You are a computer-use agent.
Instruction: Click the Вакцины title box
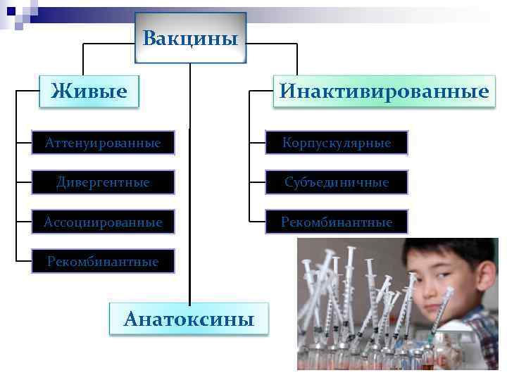pos(190,37)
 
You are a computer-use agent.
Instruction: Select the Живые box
pos(89,91)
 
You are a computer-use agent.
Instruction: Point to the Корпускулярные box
pos(337,143)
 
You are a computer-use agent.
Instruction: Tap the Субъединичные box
pos(337,182)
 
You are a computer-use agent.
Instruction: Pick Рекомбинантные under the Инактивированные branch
pos(337,222)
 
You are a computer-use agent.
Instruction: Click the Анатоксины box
pos(189,319)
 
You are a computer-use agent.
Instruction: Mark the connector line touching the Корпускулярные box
pos(257,143)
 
